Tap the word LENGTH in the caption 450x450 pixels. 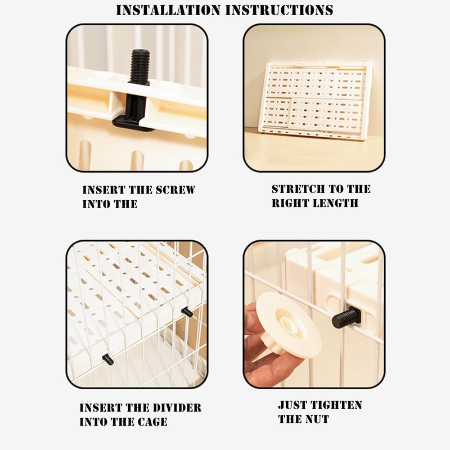(335, 203)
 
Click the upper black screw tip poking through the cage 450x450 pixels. (187, 312)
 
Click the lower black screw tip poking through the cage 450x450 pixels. (107, 359)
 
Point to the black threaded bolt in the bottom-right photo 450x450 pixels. (346, 318)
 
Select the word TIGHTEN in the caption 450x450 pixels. (336, 405)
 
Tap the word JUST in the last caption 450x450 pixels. (293, 405)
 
